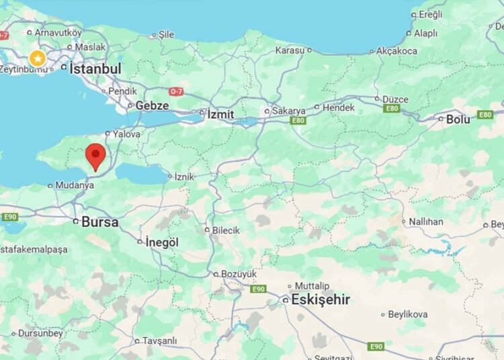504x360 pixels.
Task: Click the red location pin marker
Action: (96, 155)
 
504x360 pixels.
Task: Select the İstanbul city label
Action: (95, 69)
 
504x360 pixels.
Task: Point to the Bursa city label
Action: (99, 222)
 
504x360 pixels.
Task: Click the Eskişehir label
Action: (320, 300)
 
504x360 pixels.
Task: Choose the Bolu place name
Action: (458, 120)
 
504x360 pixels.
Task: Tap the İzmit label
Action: (220, 114)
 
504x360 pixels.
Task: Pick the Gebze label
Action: (152, 105)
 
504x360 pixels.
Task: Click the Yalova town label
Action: (126, 134)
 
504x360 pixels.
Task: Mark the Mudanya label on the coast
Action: (75, 185)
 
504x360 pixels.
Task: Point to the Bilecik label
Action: (226, 230)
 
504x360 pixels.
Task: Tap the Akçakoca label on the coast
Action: (396, 51)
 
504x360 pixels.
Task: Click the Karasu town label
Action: (290, 50)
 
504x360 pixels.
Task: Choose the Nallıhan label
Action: (425, 222)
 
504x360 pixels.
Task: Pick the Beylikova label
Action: (408, 314)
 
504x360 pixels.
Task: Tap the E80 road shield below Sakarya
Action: (298, 121)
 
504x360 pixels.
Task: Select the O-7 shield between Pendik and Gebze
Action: (176, 91)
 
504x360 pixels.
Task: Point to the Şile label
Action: (166, 34)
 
